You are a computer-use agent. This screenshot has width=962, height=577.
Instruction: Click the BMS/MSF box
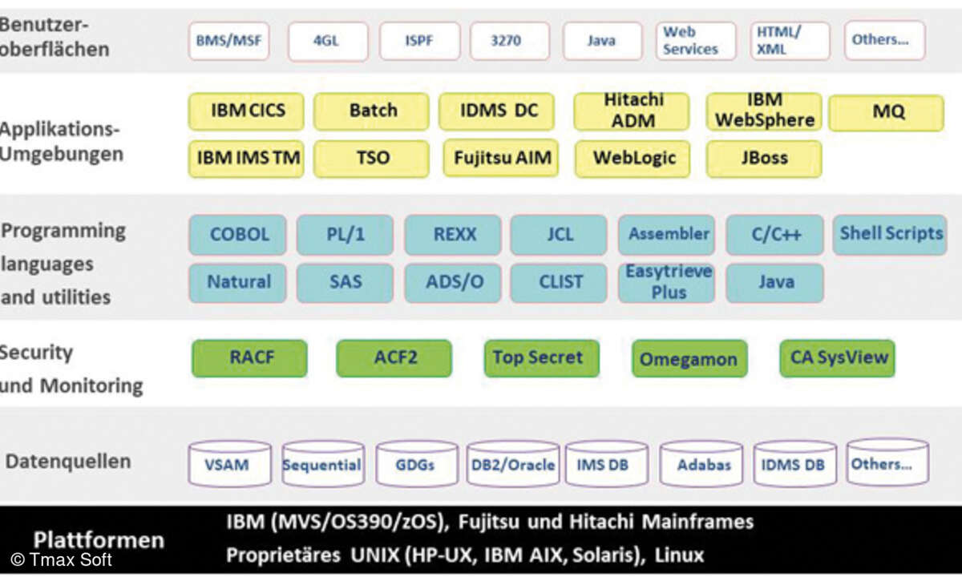click(x=228, y=40)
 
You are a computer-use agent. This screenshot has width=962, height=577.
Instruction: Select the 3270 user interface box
click(x=511, y=40)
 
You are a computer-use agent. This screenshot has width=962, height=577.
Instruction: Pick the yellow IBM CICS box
click(x=246, y=111)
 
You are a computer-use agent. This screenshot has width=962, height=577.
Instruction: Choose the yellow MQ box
click(x=886, y=112)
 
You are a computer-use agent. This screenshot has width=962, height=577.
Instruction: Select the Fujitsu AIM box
click(x=501, y=158)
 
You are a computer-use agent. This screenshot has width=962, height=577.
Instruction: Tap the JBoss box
click(x=763, y=158)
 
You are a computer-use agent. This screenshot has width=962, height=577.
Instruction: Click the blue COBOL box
click(x=238, y=235)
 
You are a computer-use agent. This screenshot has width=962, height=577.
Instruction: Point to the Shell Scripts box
click(x=890, y=234)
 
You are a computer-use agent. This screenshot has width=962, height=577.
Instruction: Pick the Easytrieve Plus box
click(x=667, y=282)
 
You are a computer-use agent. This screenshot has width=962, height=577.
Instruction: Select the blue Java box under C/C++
click(x=774, y=282)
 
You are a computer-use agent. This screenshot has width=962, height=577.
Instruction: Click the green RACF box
click(x=249, y=358)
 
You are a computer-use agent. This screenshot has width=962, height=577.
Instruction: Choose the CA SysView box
click(x=837, y=358)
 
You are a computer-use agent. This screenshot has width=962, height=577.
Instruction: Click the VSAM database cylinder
click(x=229, y=464)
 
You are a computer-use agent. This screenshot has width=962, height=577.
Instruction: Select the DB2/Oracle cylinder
click(x=513, y=464)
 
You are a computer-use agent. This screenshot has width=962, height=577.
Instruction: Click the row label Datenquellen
click(x=67, y=462)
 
